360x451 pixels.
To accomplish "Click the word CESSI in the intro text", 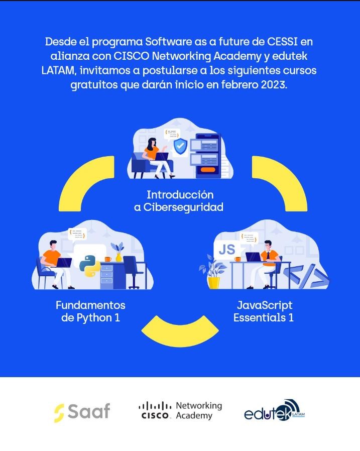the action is point(282,42).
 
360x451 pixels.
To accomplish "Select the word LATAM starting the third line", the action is point(59,70).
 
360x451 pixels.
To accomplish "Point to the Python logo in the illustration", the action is point(90,266).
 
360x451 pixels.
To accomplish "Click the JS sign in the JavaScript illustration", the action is point(227,250).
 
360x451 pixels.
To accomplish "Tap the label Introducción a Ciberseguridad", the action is point(179,201).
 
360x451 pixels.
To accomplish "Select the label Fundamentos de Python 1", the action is point(90,311).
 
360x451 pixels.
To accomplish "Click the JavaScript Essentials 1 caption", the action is point(264,311).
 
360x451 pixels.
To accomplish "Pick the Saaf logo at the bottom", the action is point(82,412).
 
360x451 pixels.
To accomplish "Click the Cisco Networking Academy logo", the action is point(180,411).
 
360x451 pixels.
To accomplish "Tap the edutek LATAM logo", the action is point(274,410).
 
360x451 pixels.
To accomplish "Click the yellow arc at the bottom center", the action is point(180,331).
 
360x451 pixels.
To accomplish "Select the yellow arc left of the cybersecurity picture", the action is point(86,183).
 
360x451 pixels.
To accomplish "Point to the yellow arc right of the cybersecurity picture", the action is point(280,183).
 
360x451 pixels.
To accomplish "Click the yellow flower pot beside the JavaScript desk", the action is point(213,282).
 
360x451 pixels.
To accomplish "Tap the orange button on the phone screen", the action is point(208,169).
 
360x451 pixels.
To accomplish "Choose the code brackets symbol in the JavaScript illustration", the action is point(306,276).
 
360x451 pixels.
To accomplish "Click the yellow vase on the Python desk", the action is point(118,257).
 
